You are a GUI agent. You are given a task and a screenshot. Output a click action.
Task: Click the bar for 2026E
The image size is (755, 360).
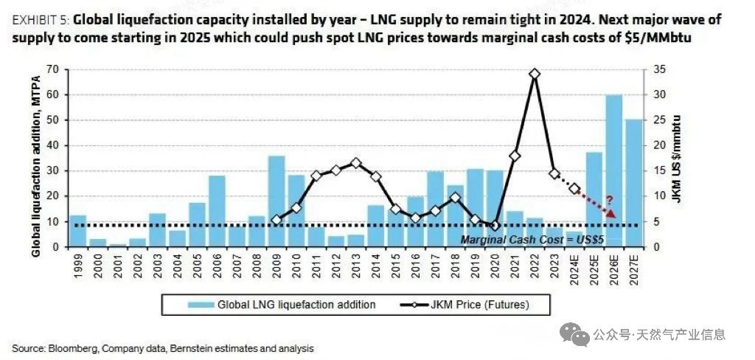pyautogui.click(x=614, y=170)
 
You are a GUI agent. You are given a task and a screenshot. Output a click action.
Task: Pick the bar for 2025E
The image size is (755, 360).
pyautogui.click(x=594, y=199)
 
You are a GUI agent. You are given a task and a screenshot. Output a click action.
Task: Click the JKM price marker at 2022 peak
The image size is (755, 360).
pyautogui.click(x=535, y=74)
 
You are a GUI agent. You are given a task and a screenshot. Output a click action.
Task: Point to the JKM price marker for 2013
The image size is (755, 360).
pyautogui.click(x=355, y=163)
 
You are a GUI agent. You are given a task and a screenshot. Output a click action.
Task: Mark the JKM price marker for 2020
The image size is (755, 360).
pyautogui.click(x=495, y=225)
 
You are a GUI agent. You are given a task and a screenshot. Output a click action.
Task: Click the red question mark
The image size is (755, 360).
pyautogui.click(x=609, y=199)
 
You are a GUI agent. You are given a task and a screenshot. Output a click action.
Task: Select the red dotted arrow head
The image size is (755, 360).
pyautogui.click(x=612, y=214)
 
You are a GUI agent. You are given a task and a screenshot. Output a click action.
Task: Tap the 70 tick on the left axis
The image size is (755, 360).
pyautogui.click(x=52, y=69)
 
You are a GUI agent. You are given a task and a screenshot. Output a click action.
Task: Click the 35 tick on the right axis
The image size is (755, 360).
pyautogui.click(x=658, y=69)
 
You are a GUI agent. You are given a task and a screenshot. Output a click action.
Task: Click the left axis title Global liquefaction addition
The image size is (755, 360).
pyautogui.click(x=35, y=158)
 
